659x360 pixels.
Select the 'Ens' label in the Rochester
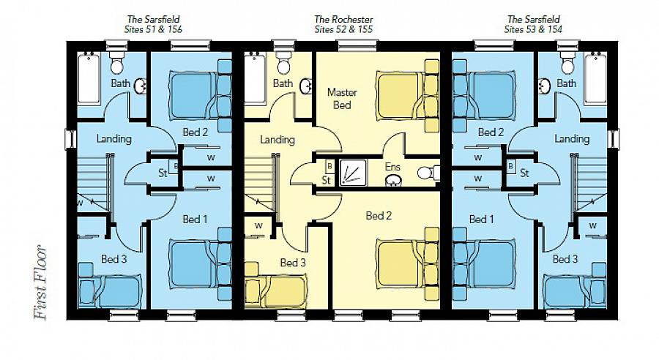point(393,167)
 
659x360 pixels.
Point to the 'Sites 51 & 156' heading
point(152,29)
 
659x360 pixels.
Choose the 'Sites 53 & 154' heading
point(533,29)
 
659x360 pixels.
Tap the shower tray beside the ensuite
point(351,173)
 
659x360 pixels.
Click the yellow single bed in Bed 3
point(277,290)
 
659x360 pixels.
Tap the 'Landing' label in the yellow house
point(277,140)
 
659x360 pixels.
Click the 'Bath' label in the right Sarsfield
point(566,84)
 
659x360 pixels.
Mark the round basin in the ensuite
point(393,179)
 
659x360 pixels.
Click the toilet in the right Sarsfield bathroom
point(567,64)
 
